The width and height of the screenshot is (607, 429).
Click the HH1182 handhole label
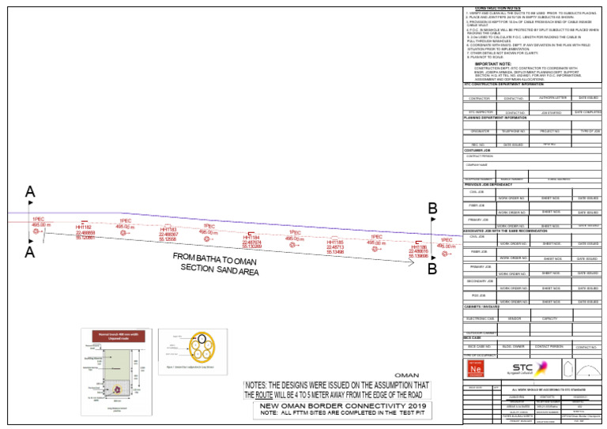click(84, 228)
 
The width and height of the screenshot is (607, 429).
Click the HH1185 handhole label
click(335, 242)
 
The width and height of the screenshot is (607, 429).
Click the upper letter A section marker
click(30, 192)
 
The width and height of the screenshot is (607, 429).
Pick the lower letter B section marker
click(432, 269)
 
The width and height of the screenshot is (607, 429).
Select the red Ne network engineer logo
click(476, 369)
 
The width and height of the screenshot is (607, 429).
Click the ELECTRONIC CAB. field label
click(480, 318)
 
